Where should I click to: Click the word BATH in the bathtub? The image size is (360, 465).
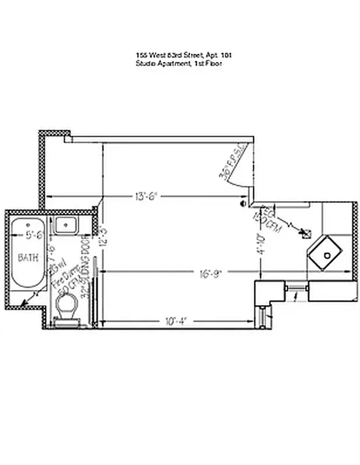28,257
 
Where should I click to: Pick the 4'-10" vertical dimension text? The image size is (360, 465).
260,244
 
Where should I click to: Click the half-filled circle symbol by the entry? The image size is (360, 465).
244,204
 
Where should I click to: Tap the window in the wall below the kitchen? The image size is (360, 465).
296,288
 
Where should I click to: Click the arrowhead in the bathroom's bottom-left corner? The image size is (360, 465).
23,303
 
